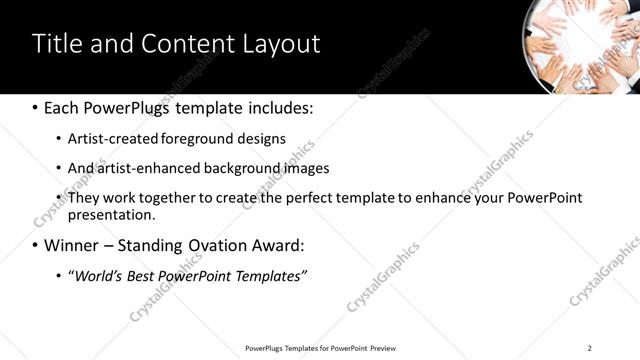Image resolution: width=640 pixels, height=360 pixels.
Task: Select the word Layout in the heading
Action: pyautogui.click(x=280, y=44)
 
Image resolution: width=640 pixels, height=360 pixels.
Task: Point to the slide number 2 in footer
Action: pyautogui.click(x=590, y=348)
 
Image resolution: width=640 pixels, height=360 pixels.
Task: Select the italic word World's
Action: pyautogui.click(x=97, y=275)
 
